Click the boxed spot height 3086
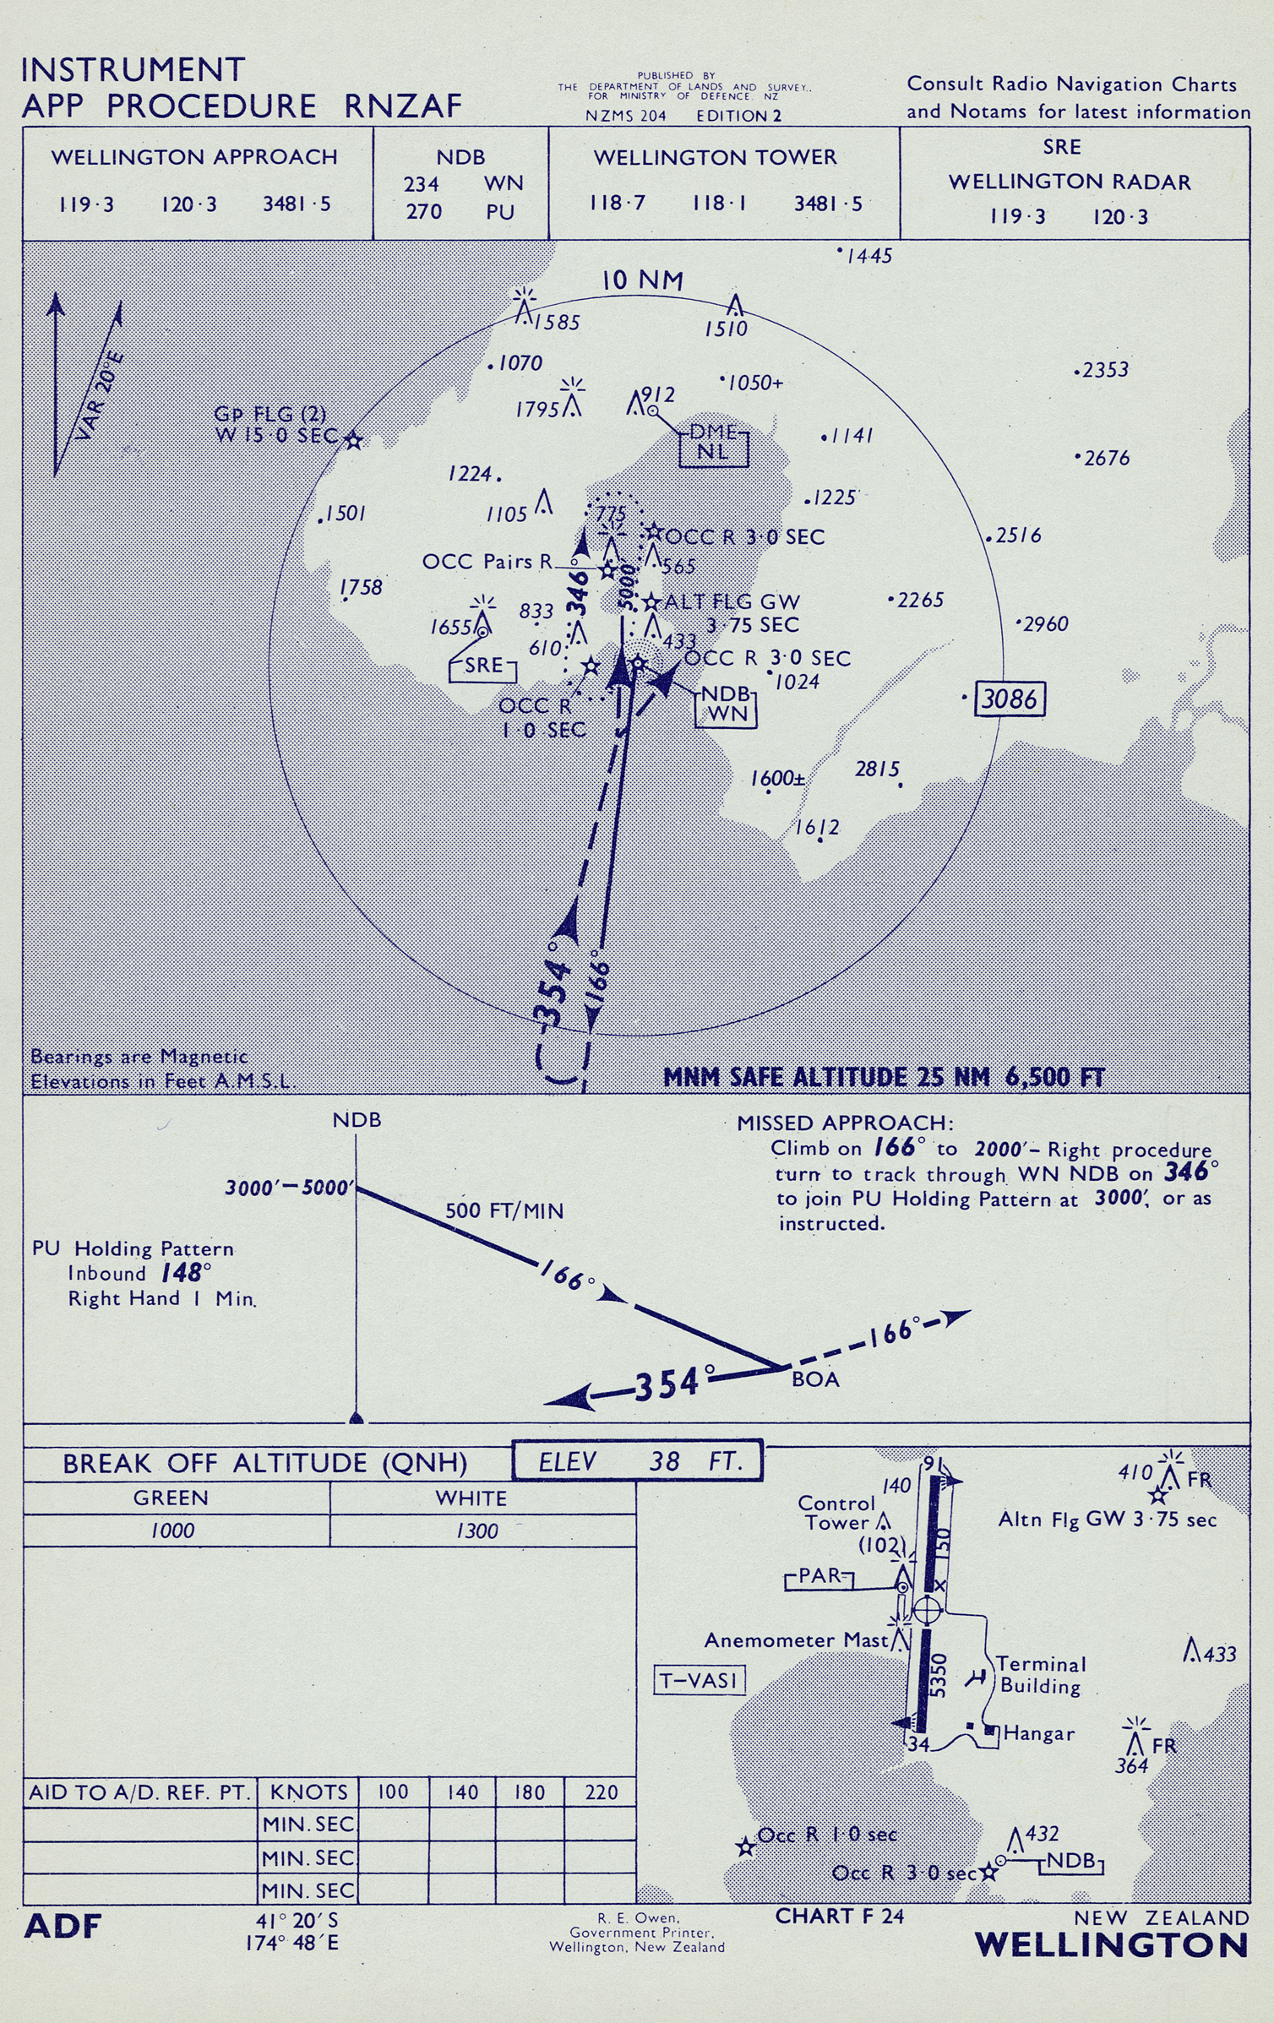coord(1010,699)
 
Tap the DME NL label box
coord(713,443)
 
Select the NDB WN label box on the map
coord(726,703)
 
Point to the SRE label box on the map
coord(483,666)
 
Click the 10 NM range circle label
coord(642,280)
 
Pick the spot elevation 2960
coord(1046,624)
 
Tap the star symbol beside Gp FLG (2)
coord(354,440)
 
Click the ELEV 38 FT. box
coord(638,1461)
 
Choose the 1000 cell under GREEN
coord(172,1531)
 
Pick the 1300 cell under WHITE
coord(477,1531)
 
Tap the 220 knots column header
coord(601,1792)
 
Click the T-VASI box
coord(700,1679)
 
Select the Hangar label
coord(1038,1734)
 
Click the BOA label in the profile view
coord(815,1379)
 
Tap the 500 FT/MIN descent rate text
coord(504,1210)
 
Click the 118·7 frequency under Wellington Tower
coord(617,203)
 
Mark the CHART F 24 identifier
coord(839,1917)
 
